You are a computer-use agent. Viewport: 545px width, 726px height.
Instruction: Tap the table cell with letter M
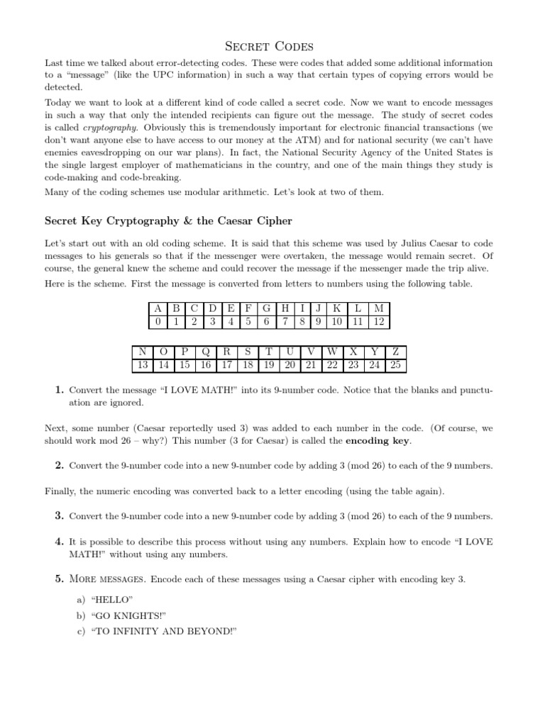coord(379,308)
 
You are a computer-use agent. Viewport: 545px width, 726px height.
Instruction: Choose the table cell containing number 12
coord(379,321)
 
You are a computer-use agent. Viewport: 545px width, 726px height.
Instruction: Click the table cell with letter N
coord(143,352)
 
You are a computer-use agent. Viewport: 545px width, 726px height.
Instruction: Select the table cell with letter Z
coord(395,352)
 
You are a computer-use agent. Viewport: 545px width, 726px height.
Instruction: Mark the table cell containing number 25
coord(395,365)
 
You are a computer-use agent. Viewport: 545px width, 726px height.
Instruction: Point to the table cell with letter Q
coord(205,352)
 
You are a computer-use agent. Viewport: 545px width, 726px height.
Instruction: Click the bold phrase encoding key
coord(378,440)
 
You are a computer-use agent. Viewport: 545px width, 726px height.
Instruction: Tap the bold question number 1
coord(60,390)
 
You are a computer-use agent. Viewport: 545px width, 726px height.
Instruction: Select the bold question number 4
coord(60,542)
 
